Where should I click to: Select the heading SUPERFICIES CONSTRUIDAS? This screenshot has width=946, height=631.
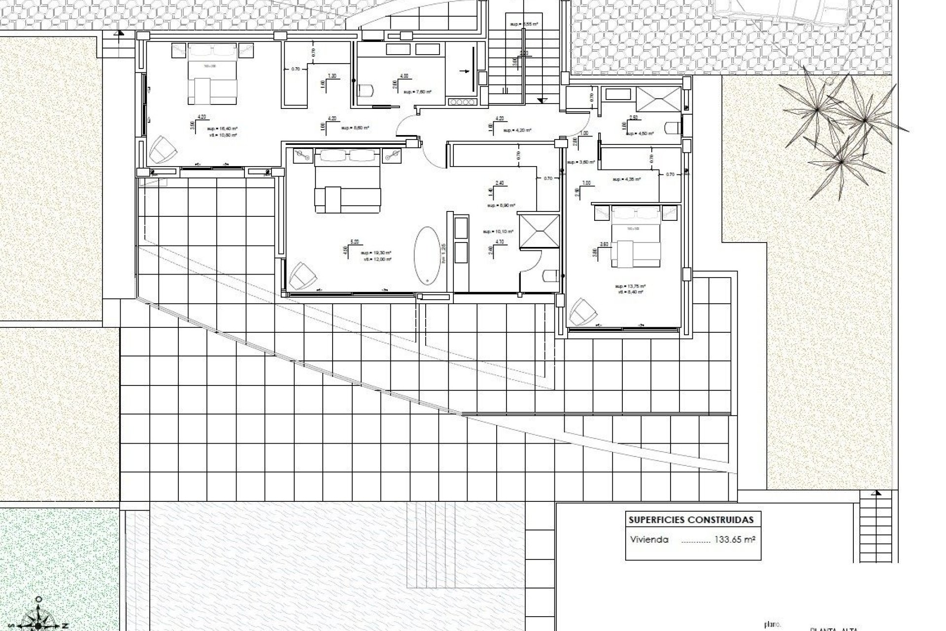691,520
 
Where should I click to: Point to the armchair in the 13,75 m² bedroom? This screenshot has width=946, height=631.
583,311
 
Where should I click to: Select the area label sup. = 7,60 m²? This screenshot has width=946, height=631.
417,92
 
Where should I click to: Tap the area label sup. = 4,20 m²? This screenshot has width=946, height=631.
517,130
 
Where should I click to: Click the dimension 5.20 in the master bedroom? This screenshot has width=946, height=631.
354,242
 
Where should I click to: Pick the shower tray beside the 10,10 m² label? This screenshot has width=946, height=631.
540,230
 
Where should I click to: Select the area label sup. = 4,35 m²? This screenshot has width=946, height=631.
626,179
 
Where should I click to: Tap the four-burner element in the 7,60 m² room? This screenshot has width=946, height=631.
462,102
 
